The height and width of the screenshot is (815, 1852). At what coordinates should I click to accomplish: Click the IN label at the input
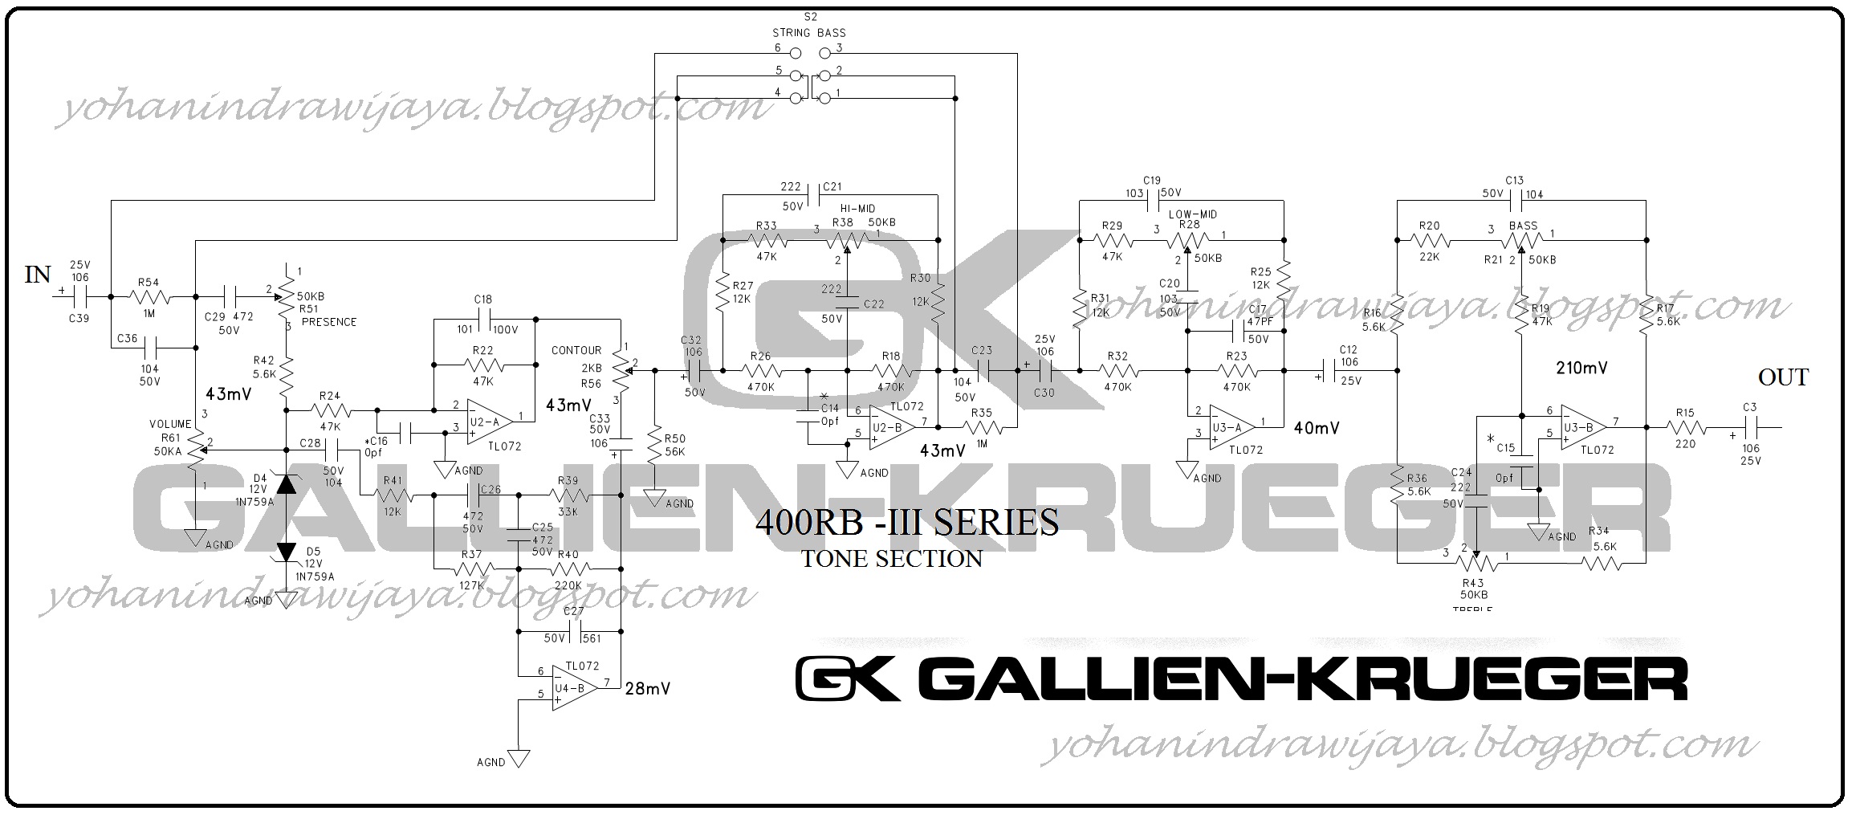point(38,275)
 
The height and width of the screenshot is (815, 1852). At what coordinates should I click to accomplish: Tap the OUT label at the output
point(1783,377)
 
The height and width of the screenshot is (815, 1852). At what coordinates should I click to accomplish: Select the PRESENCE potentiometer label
point(328,322)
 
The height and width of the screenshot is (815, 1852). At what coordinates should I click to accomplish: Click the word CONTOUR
point(576,350)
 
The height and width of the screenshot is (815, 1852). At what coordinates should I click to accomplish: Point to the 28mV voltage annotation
point(647,688)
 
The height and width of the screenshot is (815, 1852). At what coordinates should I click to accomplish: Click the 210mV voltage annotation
point(1581,369)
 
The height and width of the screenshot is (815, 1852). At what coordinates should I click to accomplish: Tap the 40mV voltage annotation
point(1317,428)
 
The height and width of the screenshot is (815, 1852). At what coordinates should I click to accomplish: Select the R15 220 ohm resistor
point(1684,427)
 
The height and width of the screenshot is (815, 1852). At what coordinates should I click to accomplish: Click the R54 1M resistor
point(149,297)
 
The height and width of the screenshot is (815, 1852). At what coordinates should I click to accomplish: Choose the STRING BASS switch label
point(808,33)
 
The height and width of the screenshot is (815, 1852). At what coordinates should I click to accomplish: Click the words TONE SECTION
point(891,559)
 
